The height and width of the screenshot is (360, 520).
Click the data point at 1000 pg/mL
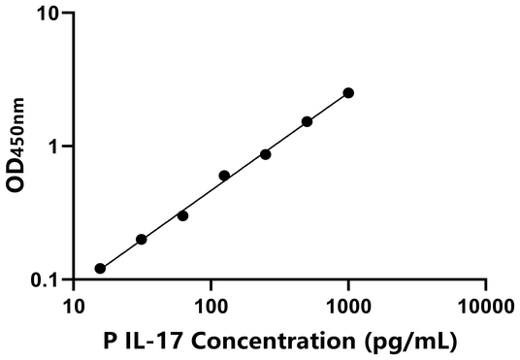348,93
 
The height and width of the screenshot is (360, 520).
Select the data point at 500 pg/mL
307,121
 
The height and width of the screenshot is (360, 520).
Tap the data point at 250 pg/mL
265,154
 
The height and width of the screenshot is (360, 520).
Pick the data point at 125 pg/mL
224,176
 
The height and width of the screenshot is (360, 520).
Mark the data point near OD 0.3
182,215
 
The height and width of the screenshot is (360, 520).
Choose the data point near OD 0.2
142,239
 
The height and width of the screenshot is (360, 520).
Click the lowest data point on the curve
100,268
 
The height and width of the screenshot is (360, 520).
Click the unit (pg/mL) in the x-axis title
410,342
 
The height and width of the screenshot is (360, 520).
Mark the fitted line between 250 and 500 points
286,138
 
